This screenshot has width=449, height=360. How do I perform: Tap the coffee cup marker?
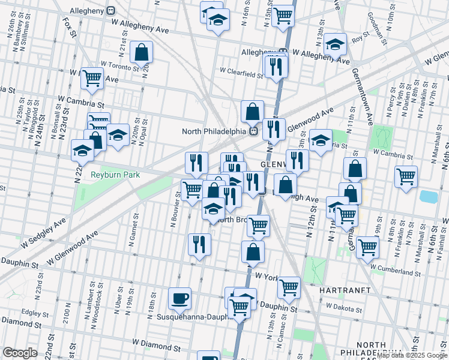click(179, 298)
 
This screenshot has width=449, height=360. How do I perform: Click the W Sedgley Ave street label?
click(43, 231)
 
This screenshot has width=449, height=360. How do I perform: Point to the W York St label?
click(268, 276)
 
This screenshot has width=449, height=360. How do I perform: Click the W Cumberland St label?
click(396, 272)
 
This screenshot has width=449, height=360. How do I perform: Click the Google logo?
click(20, 352)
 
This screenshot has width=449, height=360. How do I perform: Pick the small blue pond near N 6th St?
click(428, 197)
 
